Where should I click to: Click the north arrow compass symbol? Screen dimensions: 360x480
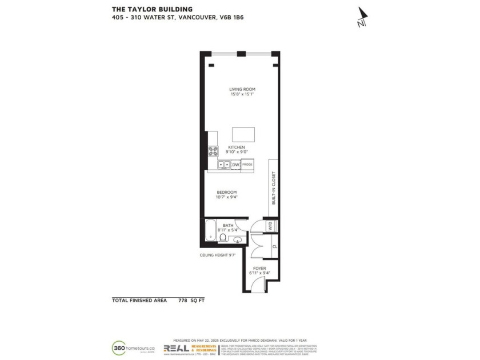361,17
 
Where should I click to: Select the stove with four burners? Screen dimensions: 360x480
213,151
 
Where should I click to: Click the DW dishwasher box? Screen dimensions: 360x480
235,165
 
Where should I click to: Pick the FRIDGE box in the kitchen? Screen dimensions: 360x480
247,165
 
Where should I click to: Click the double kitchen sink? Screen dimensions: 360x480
223,165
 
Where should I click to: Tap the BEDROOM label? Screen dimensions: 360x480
226,192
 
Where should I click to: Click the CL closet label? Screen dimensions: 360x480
275,247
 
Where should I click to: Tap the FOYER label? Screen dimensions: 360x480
259,268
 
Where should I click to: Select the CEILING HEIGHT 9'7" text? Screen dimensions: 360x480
218,255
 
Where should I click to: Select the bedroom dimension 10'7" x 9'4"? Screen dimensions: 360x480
226,197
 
